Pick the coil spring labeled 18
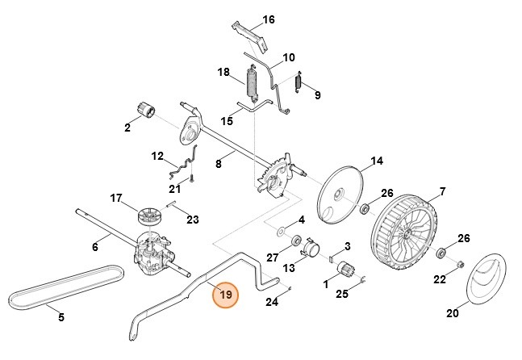click(253, 84)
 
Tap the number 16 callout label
click(269, 19)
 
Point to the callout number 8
click(218, 164)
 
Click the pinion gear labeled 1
click(348, 270)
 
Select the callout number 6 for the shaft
click(94, 247)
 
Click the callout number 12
click(157, 155)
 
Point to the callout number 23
click(192, 219)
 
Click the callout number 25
click(342, 295)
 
